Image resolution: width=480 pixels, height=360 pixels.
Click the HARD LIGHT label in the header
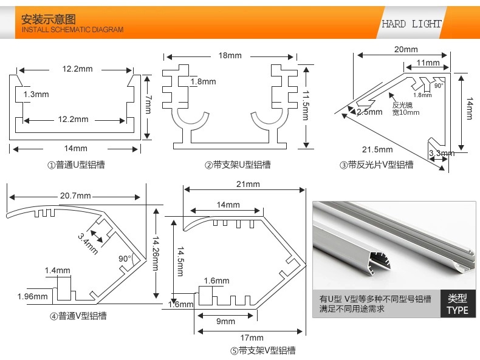(411, 24)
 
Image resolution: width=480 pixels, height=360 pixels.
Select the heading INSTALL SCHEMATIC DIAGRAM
(72, 30)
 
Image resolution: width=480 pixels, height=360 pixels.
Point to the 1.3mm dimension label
(36, 94)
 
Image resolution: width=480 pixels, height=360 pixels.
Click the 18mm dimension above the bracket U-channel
(230, 56)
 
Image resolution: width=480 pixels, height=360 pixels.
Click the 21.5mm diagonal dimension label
(377, 149)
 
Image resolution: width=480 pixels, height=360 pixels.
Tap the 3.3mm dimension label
(442, 153)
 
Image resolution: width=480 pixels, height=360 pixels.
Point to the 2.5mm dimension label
(369, 112)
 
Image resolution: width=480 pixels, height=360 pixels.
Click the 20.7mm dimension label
(75, 195)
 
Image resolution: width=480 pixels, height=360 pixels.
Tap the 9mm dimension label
(225, 321)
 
